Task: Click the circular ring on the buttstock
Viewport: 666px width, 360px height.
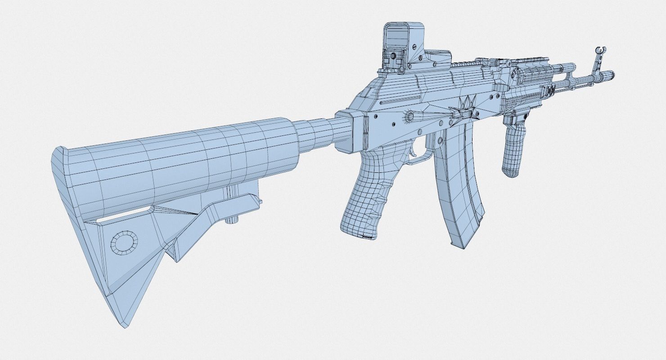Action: [123, 243]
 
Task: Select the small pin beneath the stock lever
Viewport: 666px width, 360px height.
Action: [232, 220]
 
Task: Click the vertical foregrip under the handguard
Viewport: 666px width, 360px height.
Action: [515, 144]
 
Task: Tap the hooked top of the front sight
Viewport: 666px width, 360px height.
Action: [600, 49]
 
